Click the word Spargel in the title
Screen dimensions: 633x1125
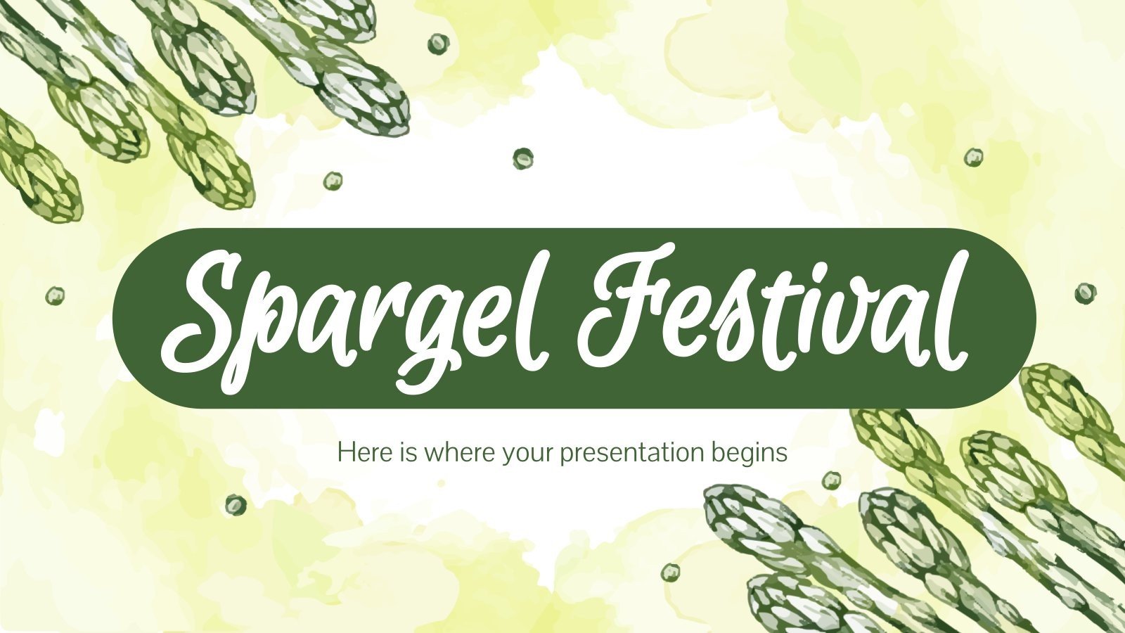[352, 316]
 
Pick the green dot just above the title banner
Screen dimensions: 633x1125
[522, 158]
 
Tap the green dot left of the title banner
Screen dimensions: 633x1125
[55, 295]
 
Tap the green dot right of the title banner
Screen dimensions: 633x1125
[1085, 293]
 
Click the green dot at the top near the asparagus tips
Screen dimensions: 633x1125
[437, 44]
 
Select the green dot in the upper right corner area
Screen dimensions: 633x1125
[973, 157]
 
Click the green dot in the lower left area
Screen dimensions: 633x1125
[236, 504]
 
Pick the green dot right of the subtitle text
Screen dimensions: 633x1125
[832, 480]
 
